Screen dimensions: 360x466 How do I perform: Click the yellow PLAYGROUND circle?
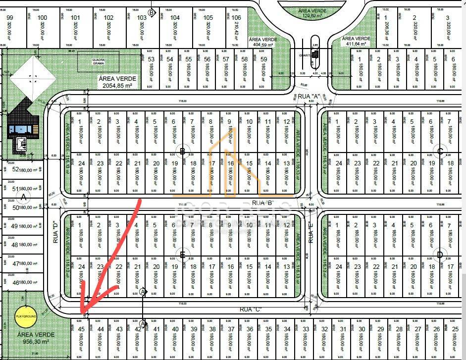24,315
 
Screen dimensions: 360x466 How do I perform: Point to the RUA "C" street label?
250,309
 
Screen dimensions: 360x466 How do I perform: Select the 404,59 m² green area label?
263,42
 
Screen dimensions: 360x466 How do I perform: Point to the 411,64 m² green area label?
355,41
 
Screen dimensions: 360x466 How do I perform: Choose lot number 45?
82,329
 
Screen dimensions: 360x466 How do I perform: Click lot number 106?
236,18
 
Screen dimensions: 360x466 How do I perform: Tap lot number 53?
152,59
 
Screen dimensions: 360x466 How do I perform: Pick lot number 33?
306,329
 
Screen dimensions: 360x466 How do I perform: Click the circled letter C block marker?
440,151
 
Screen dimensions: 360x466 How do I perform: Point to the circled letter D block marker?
440,255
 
